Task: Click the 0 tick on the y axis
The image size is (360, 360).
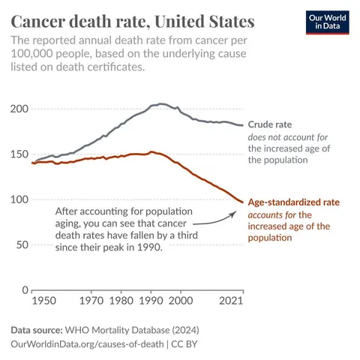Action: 25,289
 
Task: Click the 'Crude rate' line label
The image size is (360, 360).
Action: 270,124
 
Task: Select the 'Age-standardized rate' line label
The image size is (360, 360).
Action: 295,202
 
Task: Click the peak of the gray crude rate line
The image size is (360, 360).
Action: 160,104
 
